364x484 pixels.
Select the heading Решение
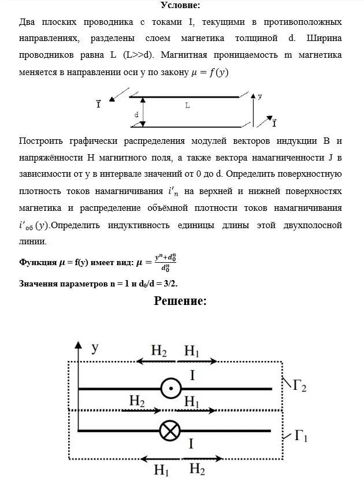tap(180, 301)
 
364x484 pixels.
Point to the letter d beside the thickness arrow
tap(136, 116)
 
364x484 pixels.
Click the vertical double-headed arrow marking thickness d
tap(144, 111)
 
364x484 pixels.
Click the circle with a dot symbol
tap(170, 389)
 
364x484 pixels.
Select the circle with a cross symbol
tap(170, 431)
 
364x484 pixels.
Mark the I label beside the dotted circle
tap(192, 376)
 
